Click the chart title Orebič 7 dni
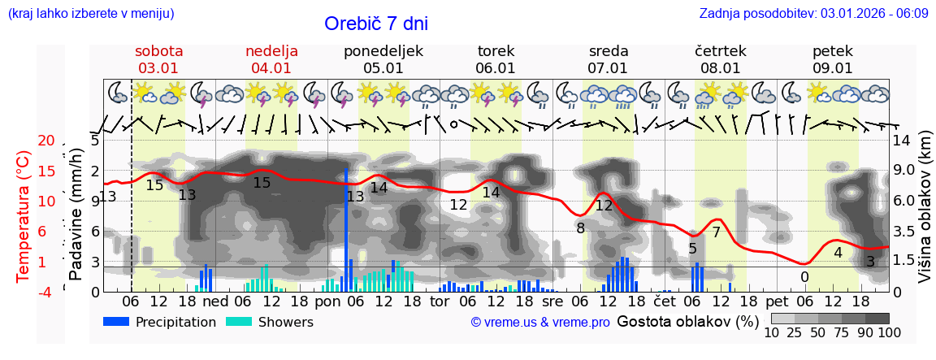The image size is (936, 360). pyautogui.click(x=375, y=24)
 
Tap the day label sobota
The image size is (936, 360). pyautogui.click(x=158, y=51)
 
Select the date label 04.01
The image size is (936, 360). pyautogui.click(x=271, y=68)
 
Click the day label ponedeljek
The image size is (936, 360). pyautogui.click(x=383, y=51)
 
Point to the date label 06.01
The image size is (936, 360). pyautogui.click(x=496, y=68)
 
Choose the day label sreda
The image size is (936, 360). pyautogui.click(x=608, y=51)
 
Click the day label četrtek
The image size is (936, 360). pyautogui.click(x=721, y=51)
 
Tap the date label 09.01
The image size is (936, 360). pyautogui.click(x=833, y=68)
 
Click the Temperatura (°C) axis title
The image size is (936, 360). pyautogui.click(x=24, y=215)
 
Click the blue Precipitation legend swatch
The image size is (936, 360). pyautogui.click(x=116, y=322)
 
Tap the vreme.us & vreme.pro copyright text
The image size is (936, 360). pyautogui.click(x=540, y=322)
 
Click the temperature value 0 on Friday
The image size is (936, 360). pyautogui.click(x=804, y=277)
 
